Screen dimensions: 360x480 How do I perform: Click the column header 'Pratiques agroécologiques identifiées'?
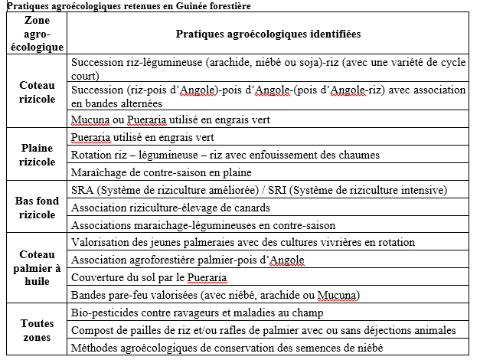click(268, 34)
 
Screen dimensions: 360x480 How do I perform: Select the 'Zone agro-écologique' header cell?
click(38, 34)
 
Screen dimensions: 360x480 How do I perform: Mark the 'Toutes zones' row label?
click(38, 329)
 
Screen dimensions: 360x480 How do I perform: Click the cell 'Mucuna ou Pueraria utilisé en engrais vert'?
click(169, 120)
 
